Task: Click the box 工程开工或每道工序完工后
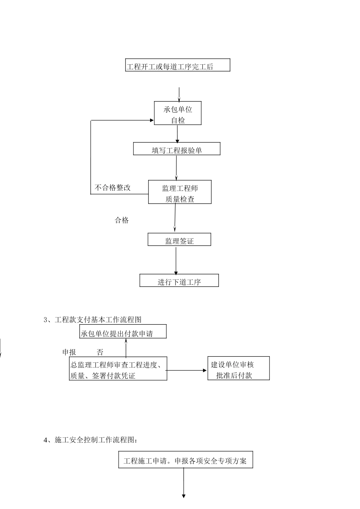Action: point(177,65)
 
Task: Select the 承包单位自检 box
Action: point(177,113)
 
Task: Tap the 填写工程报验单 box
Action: point(177,149)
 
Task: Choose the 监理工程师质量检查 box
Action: point(180,192)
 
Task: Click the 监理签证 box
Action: point(179,240)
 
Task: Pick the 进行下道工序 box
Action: point(179,281)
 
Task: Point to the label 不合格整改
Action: point(113,188)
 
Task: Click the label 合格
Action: point(122,220)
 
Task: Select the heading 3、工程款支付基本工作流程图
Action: point(93,320)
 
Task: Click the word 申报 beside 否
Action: point(69,352)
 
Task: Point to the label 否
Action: point(100,352)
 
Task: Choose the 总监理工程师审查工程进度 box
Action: point(118,368)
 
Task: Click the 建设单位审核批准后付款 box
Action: point(238,368)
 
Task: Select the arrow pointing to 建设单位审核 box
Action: point(187,370)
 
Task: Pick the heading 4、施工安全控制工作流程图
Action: point(91,440)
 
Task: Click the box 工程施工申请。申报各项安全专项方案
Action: point(185,460)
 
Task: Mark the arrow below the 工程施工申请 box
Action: point(184,483)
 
